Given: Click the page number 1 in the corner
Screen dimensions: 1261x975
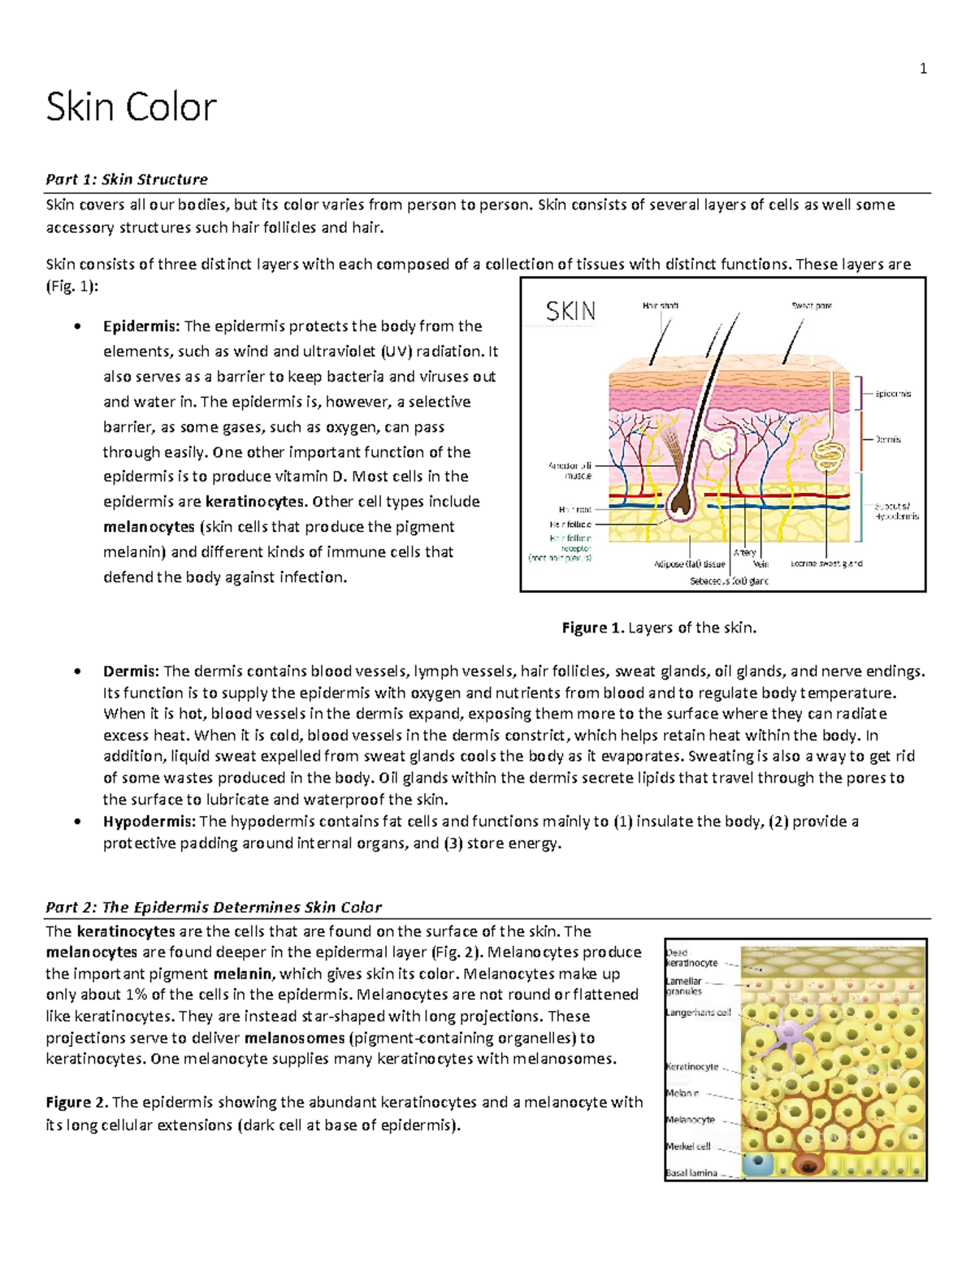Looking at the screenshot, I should [922, 69].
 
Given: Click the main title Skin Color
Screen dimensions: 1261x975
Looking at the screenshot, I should [131, 107].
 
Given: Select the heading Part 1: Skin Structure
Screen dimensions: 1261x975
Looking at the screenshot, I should [127, 179].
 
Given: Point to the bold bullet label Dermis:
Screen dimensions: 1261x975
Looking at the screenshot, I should [131, 672].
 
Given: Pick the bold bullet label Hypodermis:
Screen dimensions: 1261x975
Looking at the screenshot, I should [149, 822].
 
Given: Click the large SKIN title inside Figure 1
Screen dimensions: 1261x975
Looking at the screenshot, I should [570, 311].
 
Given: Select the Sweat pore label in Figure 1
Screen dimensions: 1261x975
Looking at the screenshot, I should [811, 306].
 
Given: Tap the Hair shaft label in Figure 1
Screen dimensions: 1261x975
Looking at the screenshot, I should [660, 306].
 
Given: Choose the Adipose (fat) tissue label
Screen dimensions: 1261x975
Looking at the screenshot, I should [690, 564].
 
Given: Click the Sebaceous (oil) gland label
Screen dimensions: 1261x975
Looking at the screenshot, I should [729, 581].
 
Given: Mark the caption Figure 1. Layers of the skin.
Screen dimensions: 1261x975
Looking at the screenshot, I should [659, 628].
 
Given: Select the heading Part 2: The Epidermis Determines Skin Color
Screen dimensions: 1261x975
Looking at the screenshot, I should [213, 907].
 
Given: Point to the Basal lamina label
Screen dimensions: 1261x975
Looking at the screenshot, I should [691, 1173].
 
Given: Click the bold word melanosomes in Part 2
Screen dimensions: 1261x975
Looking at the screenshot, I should [294, 1038].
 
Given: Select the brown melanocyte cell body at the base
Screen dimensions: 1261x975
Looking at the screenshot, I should [808, 1166].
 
